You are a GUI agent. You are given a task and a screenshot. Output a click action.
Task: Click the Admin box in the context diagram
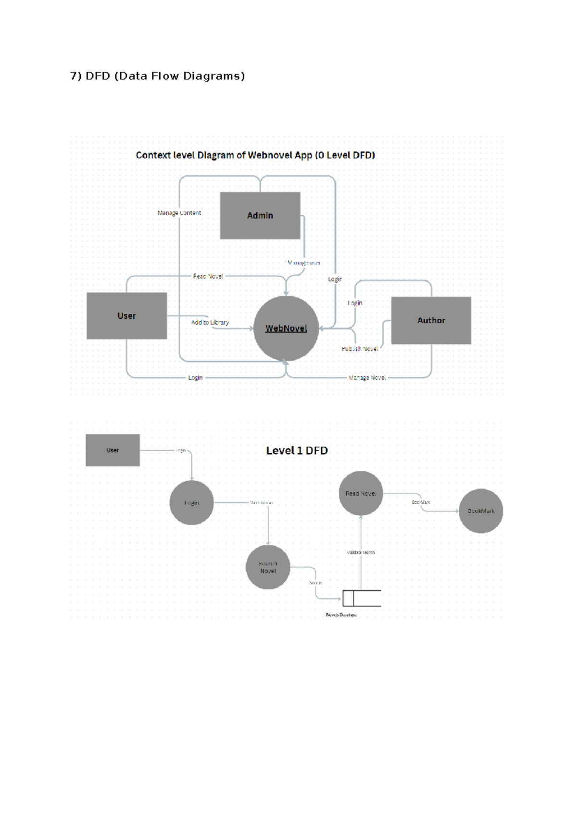(x=260, y=216)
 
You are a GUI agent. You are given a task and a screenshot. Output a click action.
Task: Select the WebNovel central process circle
(x=286, y=328)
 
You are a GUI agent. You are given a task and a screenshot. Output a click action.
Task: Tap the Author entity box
(x=431, y=320)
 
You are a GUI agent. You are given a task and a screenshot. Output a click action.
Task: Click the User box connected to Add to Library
(x=126, y=316)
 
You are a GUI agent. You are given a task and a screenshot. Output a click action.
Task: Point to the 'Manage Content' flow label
(x=179, y=213)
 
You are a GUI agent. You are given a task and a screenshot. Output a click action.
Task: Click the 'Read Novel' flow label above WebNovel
(x=208, y=276)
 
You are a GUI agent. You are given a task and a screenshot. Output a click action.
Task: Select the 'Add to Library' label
(x=210, y=322)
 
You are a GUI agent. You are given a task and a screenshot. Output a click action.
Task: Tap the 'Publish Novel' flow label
(x=360, y=349)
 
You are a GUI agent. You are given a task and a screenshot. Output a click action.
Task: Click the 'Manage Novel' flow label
(x=367, y=378)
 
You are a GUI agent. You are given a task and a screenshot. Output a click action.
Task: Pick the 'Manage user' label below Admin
(x=304, y=263)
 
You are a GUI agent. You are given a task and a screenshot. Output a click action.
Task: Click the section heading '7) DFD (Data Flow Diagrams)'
(x=158, y=76)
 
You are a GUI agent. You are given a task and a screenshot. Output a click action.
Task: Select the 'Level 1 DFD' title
(x=297, y=451)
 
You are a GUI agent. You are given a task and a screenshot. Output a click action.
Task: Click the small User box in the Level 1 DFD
(x=113, y=450)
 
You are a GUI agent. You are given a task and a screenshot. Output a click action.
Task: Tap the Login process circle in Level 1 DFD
(x=191, y=503)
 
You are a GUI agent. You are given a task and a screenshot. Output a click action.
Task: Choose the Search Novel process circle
(x=268, y=567)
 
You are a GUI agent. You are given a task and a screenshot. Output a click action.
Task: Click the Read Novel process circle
(x=361, y=493)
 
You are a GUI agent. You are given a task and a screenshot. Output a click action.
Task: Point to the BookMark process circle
(x=481, y=511)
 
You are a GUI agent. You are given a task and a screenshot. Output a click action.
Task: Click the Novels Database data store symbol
(x=361, y=598)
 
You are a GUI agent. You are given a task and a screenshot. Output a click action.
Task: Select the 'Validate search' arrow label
(x=361, y=552)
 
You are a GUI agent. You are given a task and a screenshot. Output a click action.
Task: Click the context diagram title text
(x=255, y=155)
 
